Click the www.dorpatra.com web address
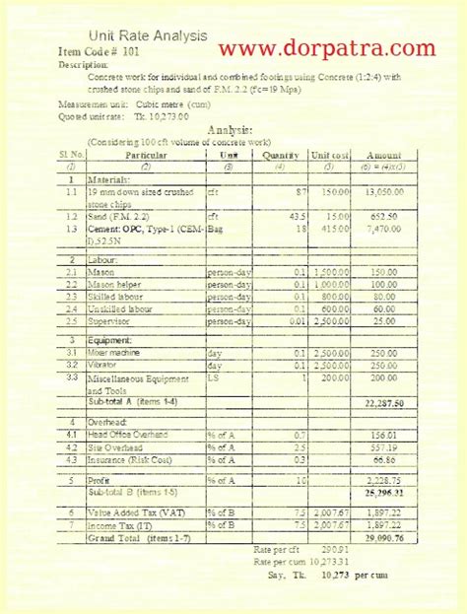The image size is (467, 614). [x=326, y=47]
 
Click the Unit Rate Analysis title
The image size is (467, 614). [x=148, y=36]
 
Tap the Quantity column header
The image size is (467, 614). [x=281, y=155]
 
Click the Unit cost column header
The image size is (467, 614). [x=330, y=155]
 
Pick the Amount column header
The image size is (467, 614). [x=383, y=155]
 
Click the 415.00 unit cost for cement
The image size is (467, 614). [x=336, y=227]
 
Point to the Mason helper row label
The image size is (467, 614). [x=115, y=283]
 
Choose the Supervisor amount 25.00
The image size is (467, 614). [x=385, y=320]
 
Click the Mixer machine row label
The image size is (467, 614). [x=118, y=352]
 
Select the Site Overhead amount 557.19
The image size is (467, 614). [x=383, y=446]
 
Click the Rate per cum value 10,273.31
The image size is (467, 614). [x=319, y=561]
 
